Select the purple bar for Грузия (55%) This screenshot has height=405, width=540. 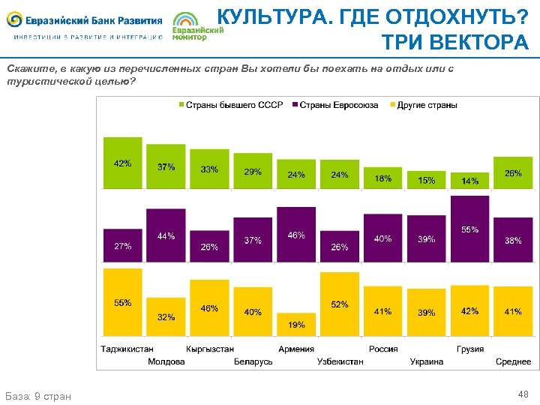tap(469, 229)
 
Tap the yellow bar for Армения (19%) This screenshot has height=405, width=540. tap(296, 324)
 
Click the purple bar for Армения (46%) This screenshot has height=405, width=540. tap(296, 234)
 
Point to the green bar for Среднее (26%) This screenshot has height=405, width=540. tap(513, 172)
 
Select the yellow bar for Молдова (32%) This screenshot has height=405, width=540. tap(166, 316)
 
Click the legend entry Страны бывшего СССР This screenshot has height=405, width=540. tap(230, 105)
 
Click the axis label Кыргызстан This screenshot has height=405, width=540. tap(210, 349)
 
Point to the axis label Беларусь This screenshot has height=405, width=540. tap(253, 361)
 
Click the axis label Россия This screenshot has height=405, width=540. tap(382, 349)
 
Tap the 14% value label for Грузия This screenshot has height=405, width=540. tap(469, 181)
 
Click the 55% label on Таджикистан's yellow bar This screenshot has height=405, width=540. tap(122, 303)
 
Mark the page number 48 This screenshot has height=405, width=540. tap(523, 394)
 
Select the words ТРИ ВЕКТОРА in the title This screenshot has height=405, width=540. tap(454, 43)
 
